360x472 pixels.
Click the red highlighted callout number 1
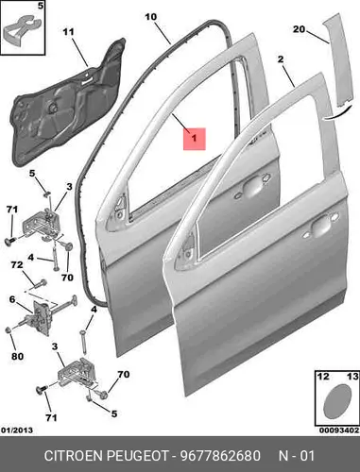coord(195,139)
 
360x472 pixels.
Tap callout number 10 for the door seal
coord(151,17)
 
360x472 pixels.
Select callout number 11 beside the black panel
coord(68,32)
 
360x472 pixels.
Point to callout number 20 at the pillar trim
coord(299,29)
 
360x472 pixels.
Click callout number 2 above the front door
coord(281,59)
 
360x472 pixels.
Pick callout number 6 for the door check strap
coord(12,299)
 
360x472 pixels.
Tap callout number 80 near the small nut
coord(18,356)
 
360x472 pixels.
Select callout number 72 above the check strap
coord(17,265)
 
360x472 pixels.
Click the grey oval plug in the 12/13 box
coord(337,402)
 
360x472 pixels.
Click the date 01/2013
coord(17,430)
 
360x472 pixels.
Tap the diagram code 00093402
coord(339,430)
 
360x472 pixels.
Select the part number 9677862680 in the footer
coord(220,456)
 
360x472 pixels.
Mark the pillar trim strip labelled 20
coord(338,59)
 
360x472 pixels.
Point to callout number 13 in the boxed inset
coord(352,376)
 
